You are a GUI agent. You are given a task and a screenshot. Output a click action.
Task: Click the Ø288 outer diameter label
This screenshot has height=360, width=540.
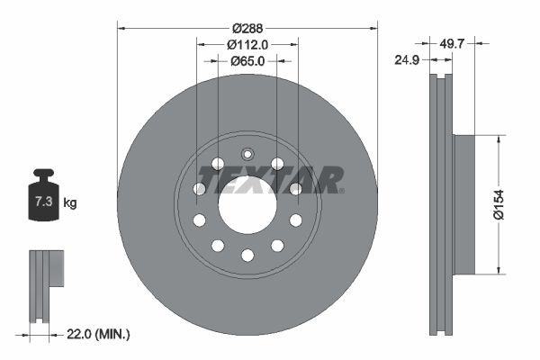coord(247,27)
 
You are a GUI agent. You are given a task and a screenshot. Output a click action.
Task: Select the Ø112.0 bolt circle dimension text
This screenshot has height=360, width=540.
coord(247,44)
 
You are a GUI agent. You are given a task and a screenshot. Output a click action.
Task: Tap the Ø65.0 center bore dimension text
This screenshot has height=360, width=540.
coord(247,61)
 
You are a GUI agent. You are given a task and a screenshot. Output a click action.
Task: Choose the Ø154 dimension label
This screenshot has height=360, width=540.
coord(509,204)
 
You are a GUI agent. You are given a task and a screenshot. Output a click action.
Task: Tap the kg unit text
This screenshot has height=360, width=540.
coord(70,202)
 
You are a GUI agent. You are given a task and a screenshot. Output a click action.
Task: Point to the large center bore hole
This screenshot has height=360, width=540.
coord(247,204)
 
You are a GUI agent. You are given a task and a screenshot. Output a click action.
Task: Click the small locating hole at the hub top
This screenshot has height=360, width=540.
coord(247,152)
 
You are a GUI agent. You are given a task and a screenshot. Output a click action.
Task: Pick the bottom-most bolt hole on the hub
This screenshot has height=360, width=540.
coord(247,256)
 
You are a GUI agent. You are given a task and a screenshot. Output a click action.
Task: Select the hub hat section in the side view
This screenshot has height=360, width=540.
coord(463,204)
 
